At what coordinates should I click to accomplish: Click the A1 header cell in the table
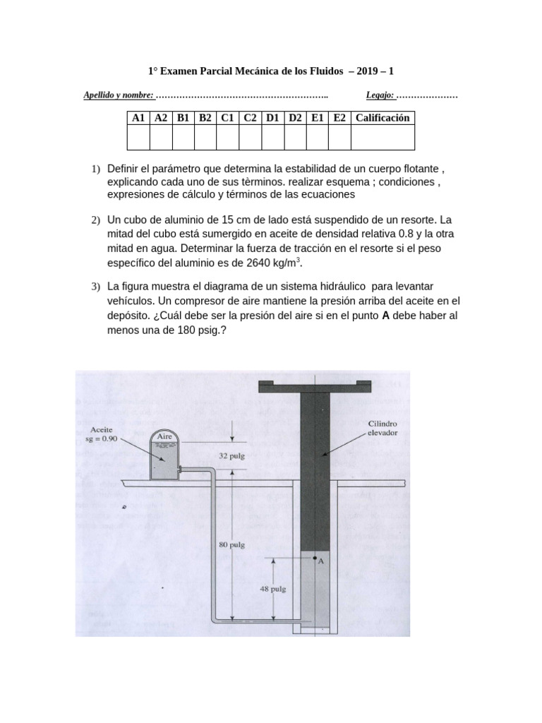(138, 118)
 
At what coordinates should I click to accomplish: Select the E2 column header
(339, 118)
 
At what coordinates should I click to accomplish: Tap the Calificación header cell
(382, 118)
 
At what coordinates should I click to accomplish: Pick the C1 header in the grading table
(227, 118)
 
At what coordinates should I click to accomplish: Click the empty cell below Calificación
(382, 137)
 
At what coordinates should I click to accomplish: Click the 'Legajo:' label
(380, 95)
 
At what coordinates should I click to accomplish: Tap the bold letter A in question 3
(385, 316)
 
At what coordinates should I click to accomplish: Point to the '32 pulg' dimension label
(231, 456)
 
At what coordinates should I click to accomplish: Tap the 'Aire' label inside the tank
(164, 437)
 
